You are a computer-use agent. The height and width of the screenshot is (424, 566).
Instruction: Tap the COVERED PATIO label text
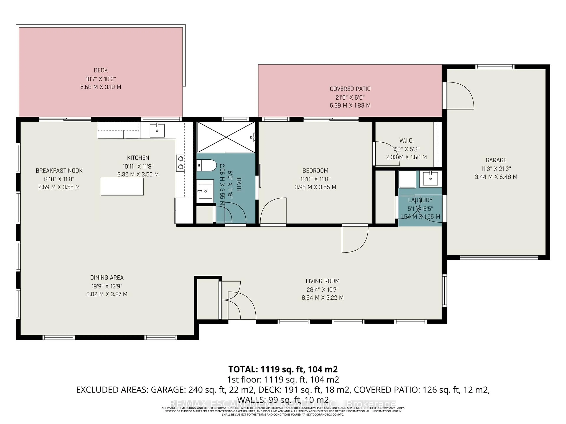(x=350, y=89)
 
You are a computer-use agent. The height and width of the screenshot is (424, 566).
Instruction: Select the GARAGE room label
(x=496, y=160)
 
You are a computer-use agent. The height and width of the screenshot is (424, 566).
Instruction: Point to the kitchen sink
(x=157, y=130)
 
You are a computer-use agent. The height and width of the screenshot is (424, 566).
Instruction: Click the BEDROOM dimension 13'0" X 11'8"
(x=315, y=179)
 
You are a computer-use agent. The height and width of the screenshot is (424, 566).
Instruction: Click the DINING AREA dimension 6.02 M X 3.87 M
(x=107, y=294)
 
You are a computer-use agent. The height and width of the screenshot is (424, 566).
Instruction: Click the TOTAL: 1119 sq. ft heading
(x=283, y=369)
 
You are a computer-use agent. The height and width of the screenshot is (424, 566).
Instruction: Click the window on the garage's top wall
(x=495, y=67)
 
